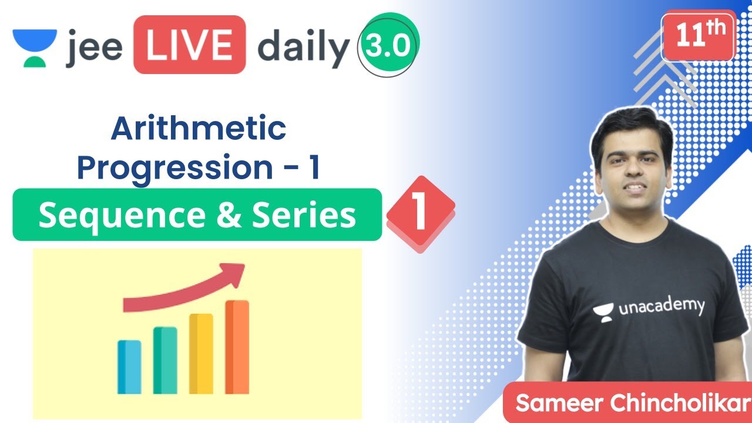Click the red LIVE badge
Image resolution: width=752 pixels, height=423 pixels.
189,45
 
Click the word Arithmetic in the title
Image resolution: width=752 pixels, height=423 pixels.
199,129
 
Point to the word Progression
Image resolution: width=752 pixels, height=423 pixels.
174,167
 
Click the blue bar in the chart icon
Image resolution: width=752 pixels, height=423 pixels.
129,367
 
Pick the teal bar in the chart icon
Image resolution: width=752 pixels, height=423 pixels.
165,360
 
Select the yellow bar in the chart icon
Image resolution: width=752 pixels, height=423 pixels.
201,353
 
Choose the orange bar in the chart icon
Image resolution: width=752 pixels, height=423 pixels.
237,347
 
